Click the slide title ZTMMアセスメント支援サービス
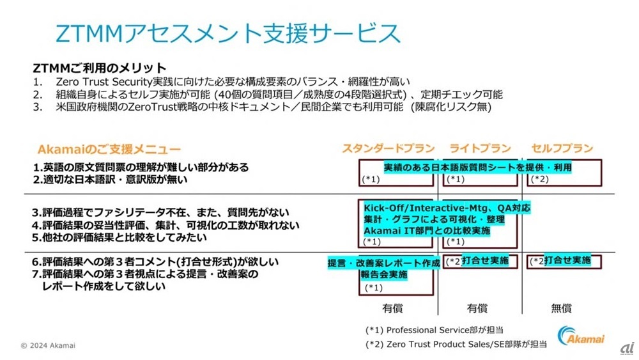(x=228, y=33)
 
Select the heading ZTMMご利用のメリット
(x=99, y=68)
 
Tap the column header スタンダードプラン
(x=389, y=148)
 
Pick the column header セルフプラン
(x=562, y=148)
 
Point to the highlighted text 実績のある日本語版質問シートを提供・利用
(x=477, y=168)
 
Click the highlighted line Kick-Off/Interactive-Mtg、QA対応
(x=447, y=208)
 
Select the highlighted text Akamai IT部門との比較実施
(x=427, y=230)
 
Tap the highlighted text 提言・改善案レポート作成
(x=383, y=263)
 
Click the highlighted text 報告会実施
(x=383, y=275)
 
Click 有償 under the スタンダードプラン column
(x=392, y=308)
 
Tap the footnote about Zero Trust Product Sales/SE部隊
(x=456, y=344)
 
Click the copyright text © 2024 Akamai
(x=48, y=345)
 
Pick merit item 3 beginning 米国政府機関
(x=262, y=107)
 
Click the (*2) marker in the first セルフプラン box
(x=541, y=179)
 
